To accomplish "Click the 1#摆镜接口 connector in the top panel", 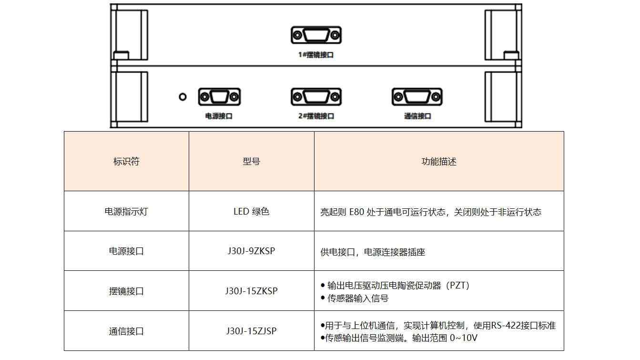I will (x=316, y=35).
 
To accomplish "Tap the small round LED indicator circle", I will (x=183, y=97).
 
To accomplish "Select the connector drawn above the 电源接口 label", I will (x=219, y=97).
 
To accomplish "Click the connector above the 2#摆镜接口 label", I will (x=316, y=97).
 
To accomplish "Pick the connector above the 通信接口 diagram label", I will (x=417, y=97).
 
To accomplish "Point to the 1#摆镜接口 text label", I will (x=316, y=55).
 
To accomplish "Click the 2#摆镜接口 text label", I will (x=316, y=116).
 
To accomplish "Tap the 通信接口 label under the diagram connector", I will (x=417, y=116).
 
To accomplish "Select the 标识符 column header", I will (x=126, y=161).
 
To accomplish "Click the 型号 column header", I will (x=251, y=161).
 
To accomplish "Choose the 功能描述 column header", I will (x=439, y=161).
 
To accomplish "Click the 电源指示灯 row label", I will (x=126, y=211).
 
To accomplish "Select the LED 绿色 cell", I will (x=251, y=211).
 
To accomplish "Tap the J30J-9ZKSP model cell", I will (x=251, y=251).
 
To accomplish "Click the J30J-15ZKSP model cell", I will (x=251, y=291).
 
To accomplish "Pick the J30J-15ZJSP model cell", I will (x=251, y=331).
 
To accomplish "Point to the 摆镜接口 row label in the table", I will (x=126, y=291).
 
